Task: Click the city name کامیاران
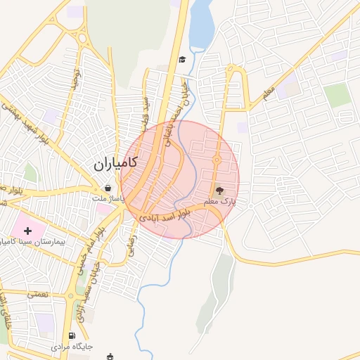point(115,165)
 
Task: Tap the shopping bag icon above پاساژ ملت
point(108,188)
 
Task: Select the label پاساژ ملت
point(108,199)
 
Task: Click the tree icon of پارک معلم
point(219,190)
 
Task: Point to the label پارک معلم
point(219,202)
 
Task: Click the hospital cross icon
point(28,231)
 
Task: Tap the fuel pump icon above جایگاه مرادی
point(72,336)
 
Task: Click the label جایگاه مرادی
point(72,347)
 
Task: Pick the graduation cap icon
point(183,60)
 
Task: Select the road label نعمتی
point(38,293)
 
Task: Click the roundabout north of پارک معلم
point(217,160)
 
